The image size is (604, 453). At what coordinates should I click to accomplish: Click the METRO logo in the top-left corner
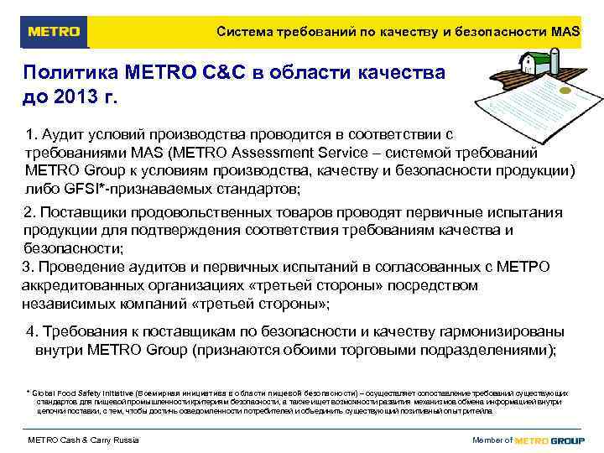click(x=54, y=32)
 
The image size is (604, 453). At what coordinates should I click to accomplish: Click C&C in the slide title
click(x=226, y=72)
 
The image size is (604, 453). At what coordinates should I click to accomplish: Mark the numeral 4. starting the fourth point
click(x=33, y=331)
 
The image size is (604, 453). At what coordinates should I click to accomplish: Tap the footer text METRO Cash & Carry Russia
click(x=83, y=440)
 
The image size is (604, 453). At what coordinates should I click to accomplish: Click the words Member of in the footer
click(x=492, y=440)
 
